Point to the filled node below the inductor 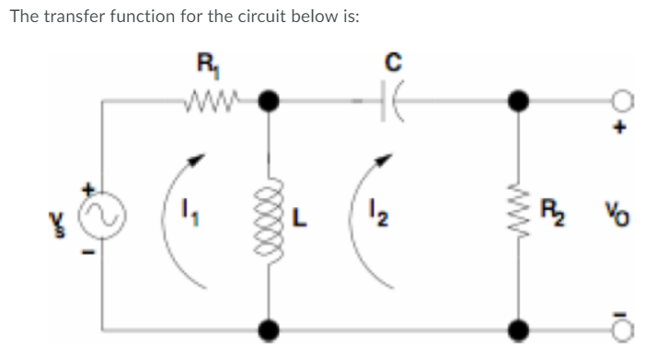pos(269,326)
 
